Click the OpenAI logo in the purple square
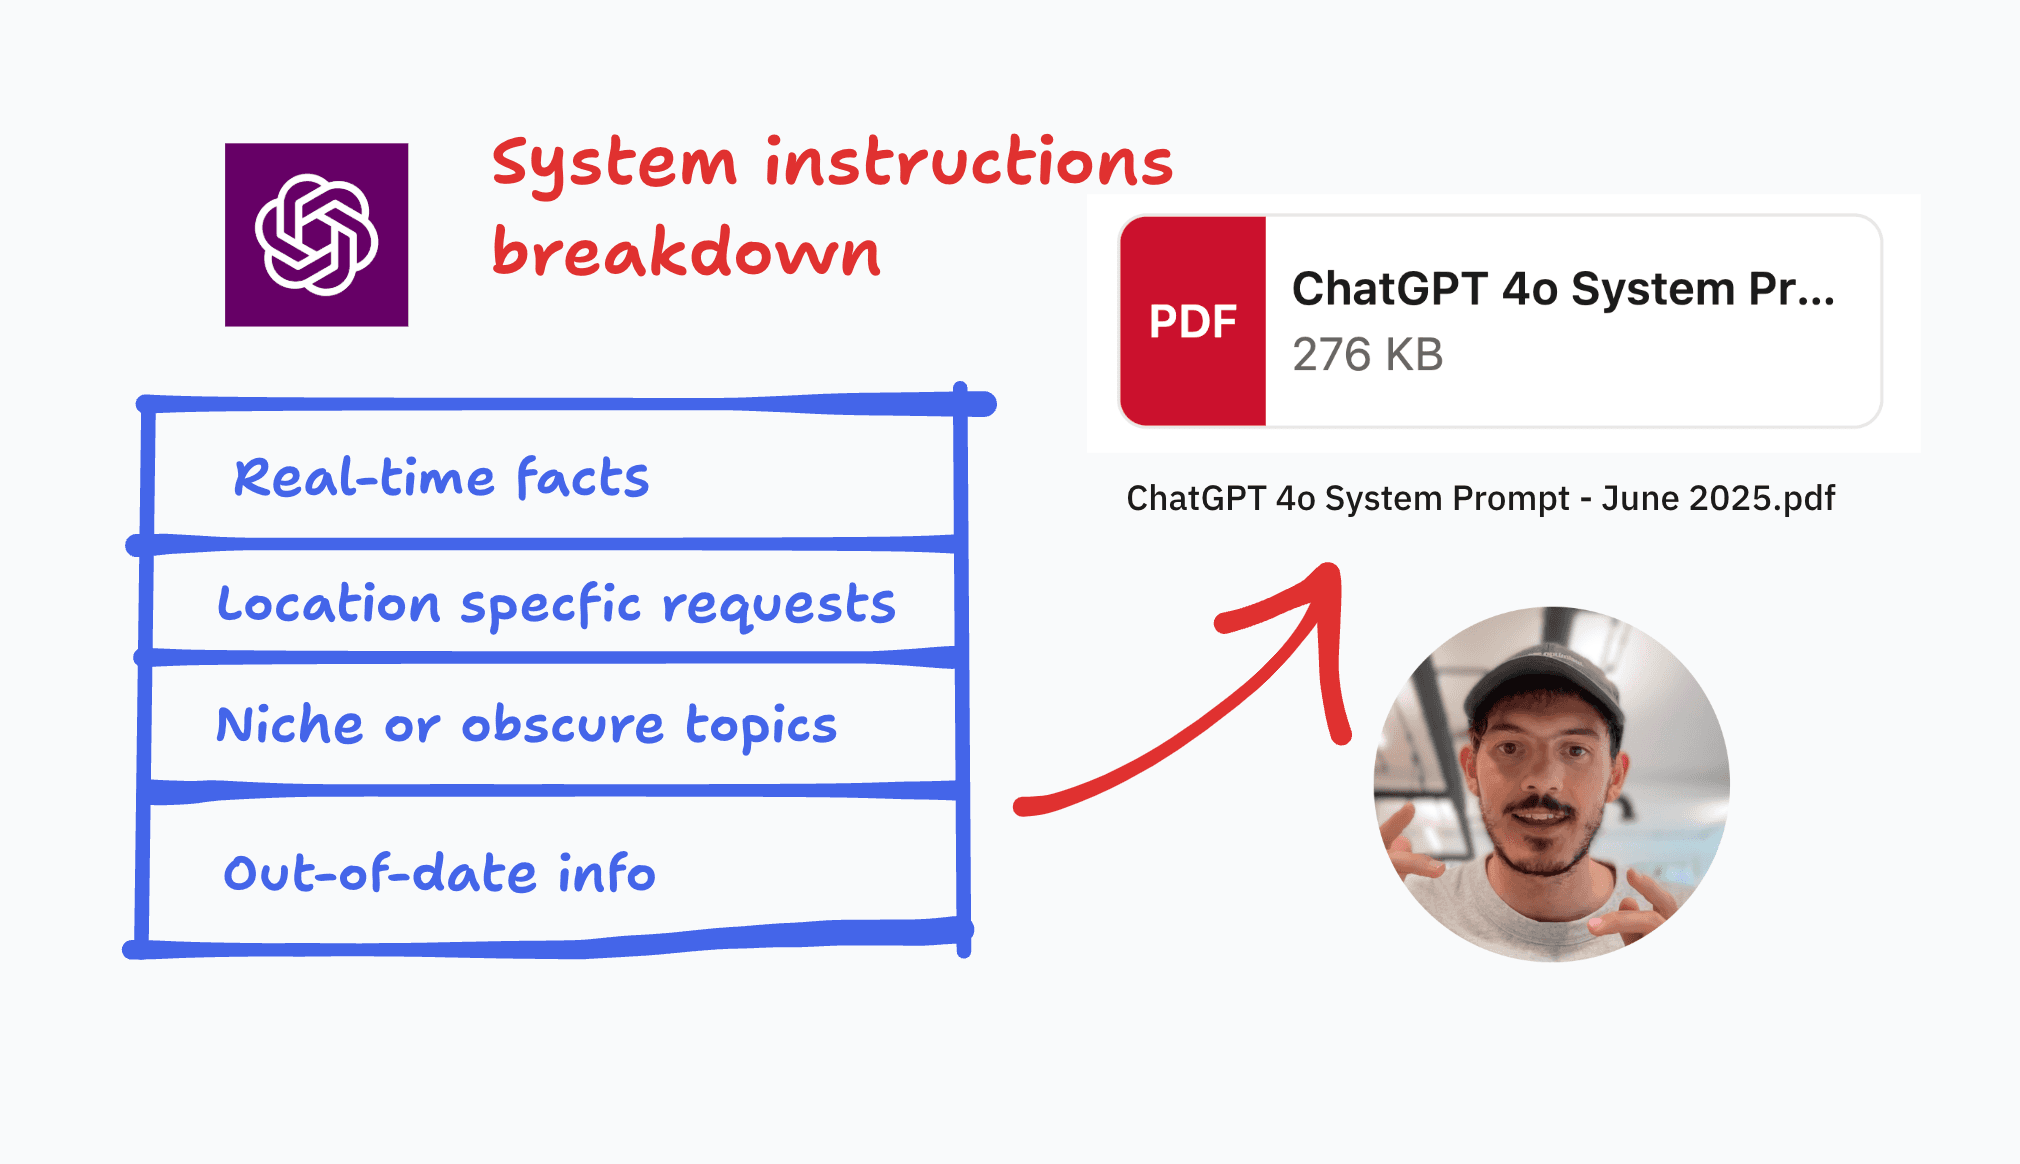[x=316, y=235]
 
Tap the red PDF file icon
[x=1193, y=321]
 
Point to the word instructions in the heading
[x=969, y=162]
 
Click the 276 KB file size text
[x=1367, y=355]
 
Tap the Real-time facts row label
[x=441, y=477]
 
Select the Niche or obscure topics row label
[x=526, y=725]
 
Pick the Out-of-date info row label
[x=439, y=873]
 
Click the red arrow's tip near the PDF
[x=1333, y=567]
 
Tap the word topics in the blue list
[x=761, y=727]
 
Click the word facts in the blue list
[x=583, y=477]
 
